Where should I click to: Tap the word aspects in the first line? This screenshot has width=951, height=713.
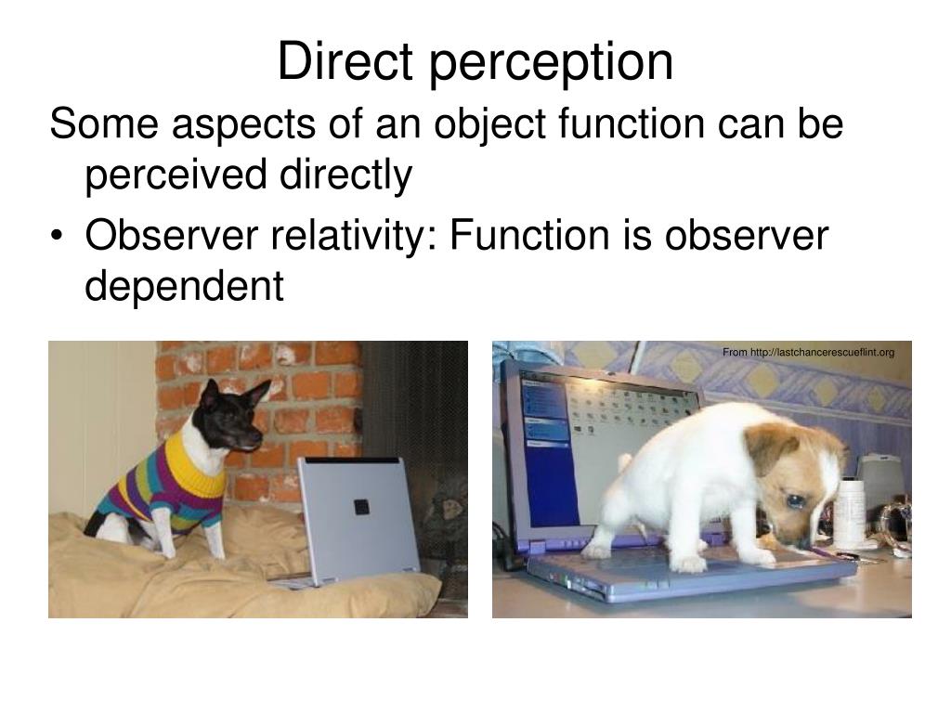[x=211, y=124]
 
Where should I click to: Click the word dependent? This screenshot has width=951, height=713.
[x=184, y=287]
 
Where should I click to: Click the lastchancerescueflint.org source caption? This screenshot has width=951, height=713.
[x=808, y=352]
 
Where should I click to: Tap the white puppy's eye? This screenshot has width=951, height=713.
[x=797, y=501]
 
